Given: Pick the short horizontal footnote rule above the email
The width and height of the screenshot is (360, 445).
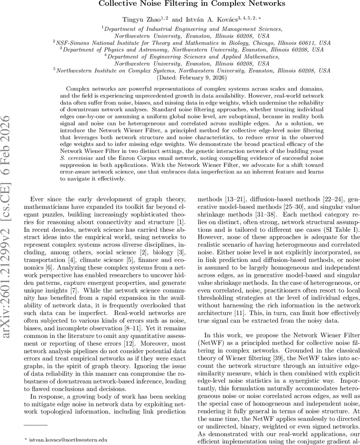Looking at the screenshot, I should point(36,425).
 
